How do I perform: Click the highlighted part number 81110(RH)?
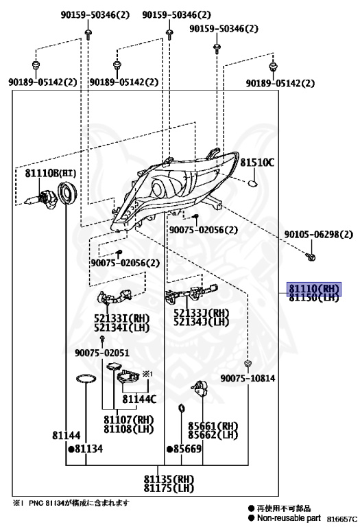point(314,288)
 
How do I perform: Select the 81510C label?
point(257,163)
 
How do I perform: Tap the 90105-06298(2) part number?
point(319,234)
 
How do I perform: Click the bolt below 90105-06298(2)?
point(311,257)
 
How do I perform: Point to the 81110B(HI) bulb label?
point(51,173)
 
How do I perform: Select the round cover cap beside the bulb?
point(67,193)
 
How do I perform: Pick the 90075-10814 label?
point(248,378)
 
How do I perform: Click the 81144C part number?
point(139,399)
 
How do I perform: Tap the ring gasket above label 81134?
point(86,379)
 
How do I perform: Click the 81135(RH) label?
point(169,478)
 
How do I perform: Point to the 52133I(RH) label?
point(121,318)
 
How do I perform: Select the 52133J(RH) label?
point(201,313)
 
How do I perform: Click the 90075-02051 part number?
point(101,353)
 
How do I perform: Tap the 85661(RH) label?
point(213,426)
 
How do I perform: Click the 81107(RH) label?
point(128,419)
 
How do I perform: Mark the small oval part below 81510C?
point(253,183)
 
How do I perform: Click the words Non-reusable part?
point(289,518)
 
